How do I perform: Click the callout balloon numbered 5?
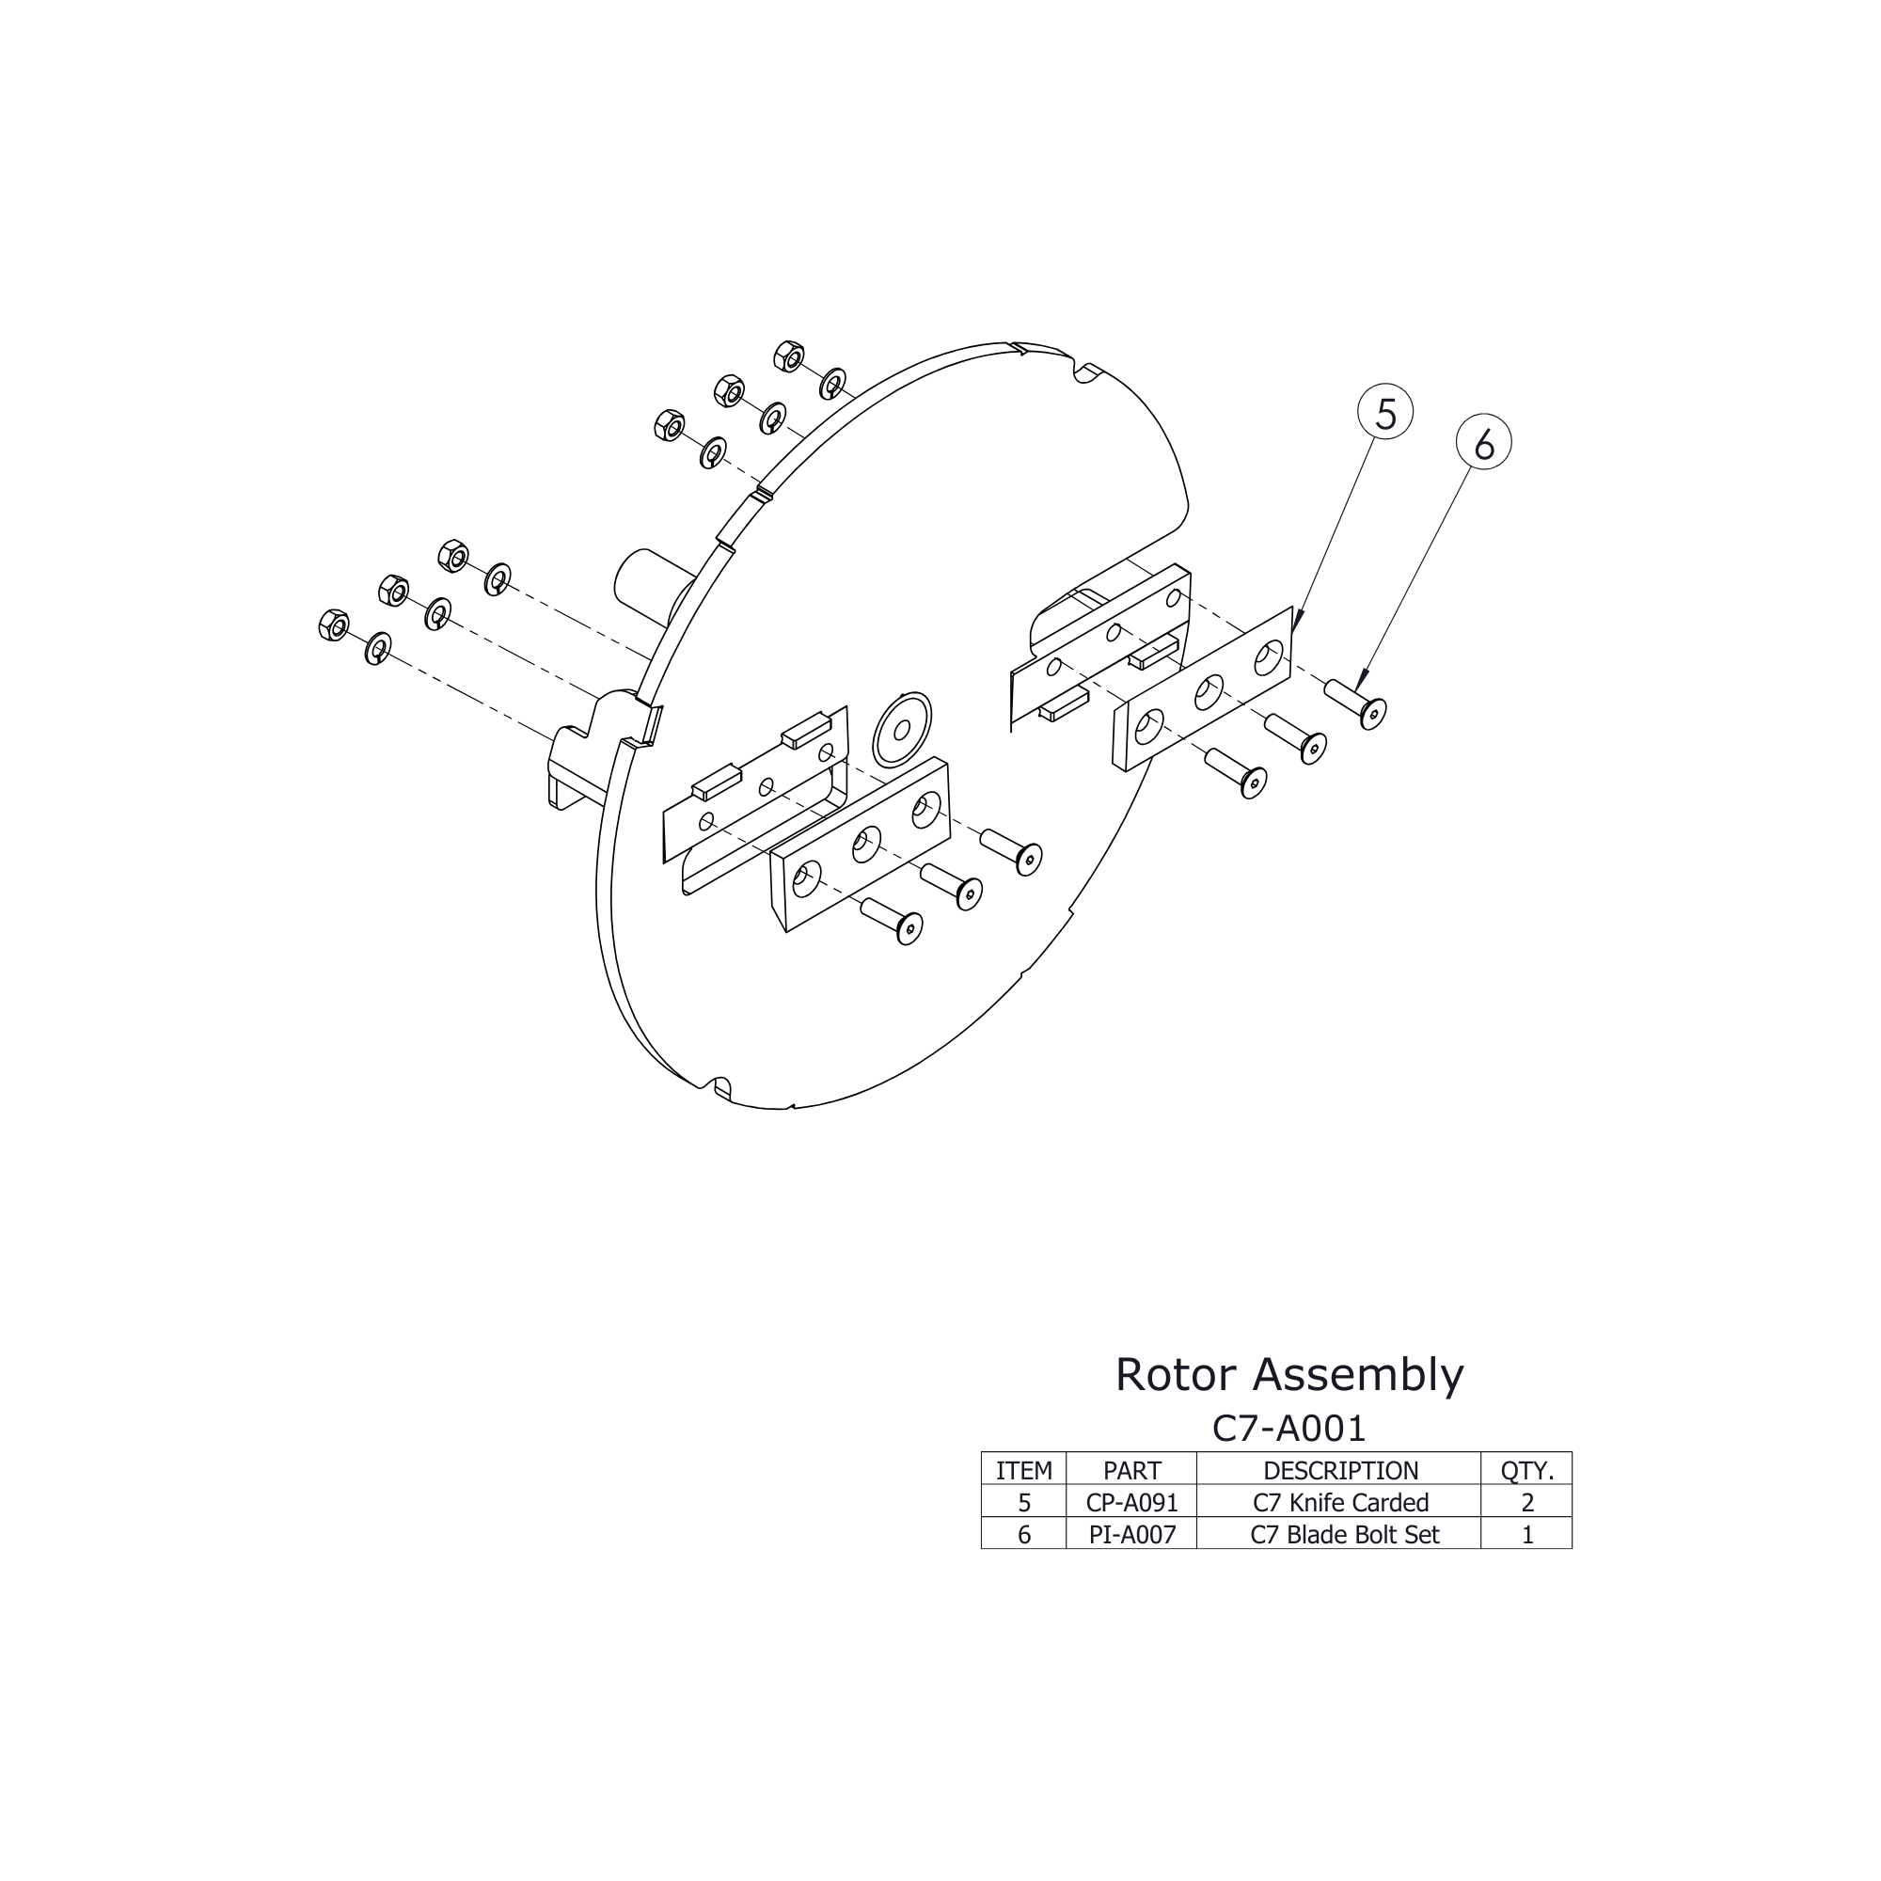click(x=1384, y=414)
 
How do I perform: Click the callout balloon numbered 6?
click(x=1483, y=445)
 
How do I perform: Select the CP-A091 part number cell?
click(x=1131, y=1502)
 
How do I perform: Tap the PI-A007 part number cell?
click(x=1131, y=1534)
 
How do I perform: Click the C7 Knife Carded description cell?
click(x=1339, y=1502)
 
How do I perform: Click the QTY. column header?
click(x=1525, y=1470)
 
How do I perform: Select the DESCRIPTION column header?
click(x=1339, y=1470)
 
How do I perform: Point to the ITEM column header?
click(x=1023, y=1470)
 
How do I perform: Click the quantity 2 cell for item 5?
click(x=1525, y=1502)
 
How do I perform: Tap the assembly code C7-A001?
click(x=1288, y=1429)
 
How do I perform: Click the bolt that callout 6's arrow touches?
click(x=1358, y=702)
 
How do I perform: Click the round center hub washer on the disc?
click(x=902, y=728)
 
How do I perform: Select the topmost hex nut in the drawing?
click(x=789, y=357)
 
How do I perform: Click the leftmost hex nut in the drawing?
click(x=333, y=625)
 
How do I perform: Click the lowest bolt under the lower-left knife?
click(x=893, y=920)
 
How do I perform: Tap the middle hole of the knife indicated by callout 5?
click(x=1209, y=691)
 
